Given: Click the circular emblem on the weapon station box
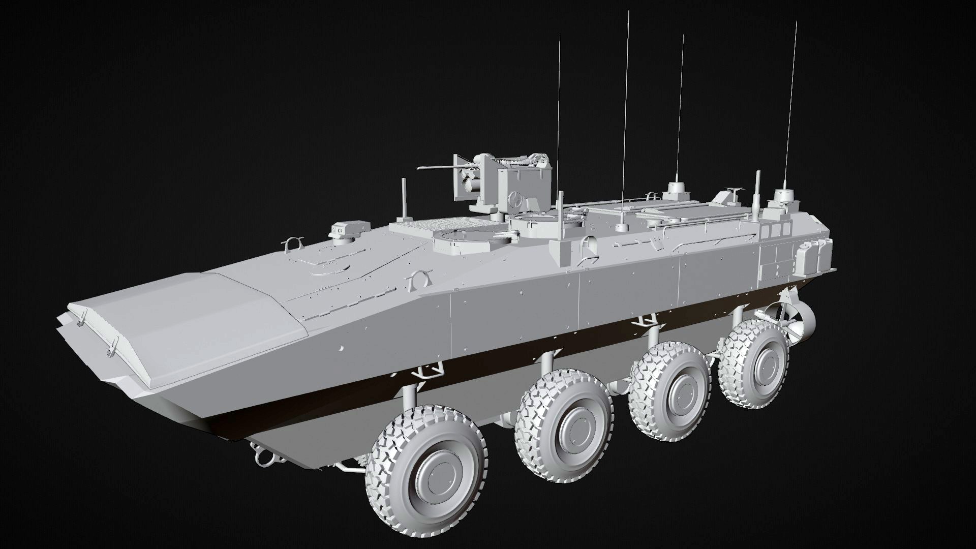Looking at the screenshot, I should coord(517,198).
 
